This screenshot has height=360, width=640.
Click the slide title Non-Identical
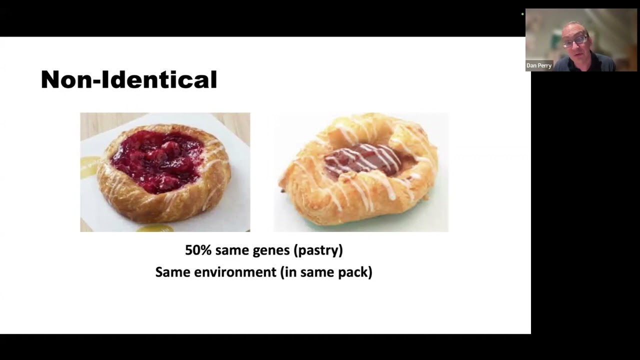click(129, 80)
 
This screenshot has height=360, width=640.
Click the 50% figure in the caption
click(198, 250)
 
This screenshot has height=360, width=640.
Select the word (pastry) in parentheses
click(319, 250)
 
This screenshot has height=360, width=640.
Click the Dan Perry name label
click(538, 65)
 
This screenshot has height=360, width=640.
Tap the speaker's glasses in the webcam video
click(575, 41)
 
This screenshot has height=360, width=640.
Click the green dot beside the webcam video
click(522, 14)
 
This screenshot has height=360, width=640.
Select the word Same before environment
click(172, 272)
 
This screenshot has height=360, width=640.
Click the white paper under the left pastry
click(235, 210)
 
